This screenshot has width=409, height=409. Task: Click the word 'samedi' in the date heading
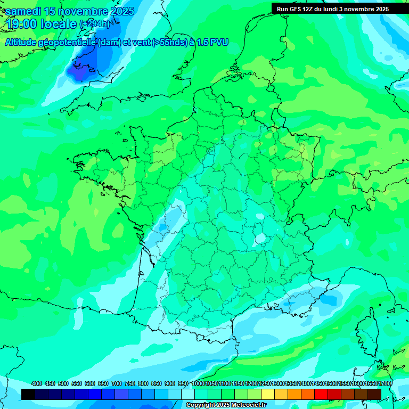(24, 11)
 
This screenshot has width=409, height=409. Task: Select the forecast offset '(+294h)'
(94, 24)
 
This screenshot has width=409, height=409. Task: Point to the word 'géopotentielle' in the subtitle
(68, 42)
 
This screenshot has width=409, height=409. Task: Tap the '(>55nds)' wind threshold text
(158, 42)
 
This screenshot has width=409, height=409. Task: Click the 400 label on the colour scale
(36, 383)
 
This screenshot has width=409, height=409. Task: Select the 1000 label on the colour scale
(198, 383)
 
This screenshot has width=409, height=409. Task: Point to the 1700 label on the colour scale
(384, 383)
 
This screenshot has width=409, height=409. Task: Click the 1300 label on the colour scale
(278, 383)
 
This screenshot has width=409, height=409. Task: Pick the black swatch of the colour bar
(28, 394)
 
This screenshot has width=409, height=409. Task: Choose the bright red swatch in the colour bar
(321, 394)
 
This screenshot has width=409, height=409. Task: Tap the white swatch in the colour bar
(188, 394)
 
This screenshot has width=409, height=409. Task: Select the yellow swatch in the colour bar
(268, 394)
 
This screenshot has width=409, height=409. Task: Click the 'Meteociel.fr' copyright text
(246, 405)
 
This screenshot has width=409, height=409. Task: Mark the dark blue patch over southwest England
(79, 72)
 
